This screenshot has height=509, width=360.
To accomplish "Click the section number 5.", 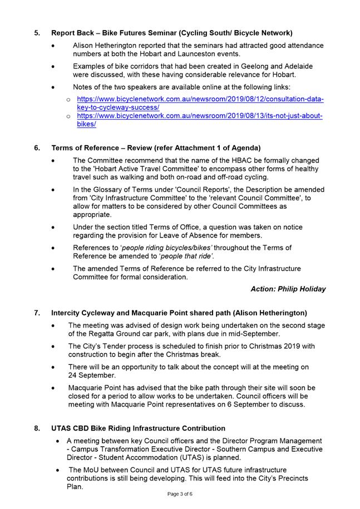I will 37,33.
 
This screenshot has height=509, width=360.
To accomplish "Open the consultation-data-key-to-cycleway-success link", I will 200,103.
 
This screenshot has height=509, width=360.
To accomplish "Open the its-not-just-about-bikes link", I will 200,120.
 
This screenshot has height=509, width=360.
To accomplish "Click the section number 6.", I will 37,148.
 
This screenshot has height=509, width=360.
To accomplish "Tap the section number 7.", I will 37,313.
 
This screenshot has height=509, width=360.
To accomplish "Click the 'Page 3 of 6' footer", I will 180,494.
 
